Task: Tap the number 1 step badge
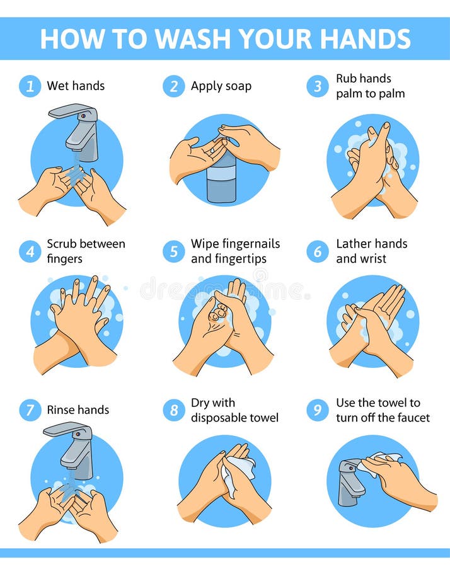(x=30, y=86)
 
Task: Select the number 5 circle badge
(x=174, y=251)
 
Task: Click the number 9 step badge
(x=318, y=410)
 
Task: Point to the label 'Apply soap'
(x=221, y=86)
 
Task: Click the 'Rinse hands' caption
(x=78, y=410)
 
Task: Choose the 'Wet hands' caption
(x=76, y=86)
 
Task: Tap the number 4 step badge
(x=30, y=251)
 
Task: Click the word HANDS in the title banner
(x=357, y=38)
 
